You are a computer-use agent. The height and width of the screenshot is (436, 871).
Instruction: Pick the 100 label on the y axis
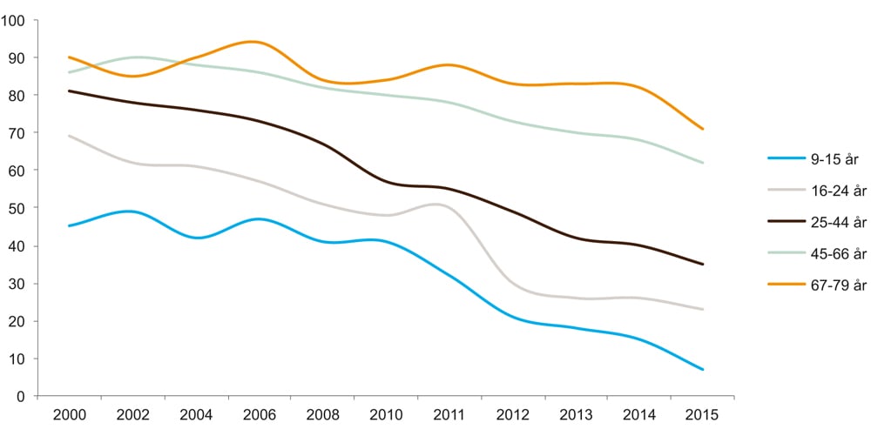tap(17, 20)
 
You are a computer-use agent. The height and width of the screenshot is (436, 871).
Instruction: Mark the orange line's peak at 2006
tap(253, 42)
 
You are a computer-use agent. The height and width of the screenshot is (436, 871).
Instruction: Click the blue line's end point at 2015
tap(702, 370)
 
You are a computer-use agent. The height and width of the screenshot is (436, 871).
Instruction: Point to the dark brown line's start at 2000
tap(69, 91)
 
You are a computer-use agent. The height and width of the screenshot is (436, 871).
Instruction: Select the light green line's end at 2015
tap(702, 163)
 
